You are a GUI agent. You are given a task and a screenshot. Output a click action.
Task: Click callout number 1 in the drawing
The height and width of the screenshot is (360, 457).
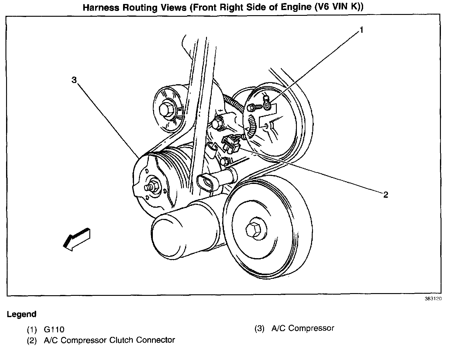361,30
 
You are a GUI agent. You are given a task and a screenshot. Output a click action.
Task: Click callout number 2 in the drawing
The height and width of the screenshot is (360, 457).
386,195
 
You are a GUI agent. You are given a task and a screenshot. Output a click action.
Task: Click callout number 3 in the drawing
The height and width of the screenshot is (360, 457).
74,80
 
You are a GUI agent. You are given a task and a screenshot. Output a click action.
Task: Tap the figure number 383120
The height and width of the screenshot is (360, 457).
433,299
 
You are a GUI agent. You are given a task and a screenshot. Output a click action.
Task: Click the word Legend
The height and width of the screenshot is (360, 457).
22,314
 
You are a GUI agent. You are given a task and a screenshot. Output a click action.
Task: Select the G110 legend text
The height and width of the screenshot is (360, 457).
54,329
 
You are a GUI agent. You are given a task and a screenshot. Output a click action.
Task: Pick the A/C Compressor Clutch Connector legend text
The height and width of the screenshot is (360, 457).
109,340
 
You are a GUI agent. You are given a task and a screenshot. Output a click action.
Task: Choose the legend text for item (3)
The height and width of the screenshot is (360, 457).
303,328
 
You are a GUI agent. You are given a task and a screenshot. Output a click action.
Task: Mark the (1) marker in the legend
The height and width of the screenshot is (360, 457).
32,329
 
